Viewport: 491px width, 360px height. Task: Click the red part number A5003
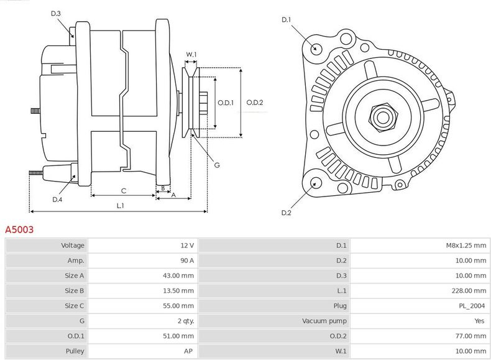click(x=19, y=229)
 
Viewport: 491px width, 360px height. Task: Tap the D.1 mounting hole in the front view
click(x=315, y=48)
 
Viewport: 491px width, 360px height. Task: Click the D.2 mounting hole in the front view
click(x=315, y=182)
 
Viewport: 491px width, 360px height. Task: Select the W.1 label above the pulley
click(x=191, y=55)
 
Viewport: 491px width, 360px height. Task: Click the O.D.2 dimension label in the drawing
click(x=255, y=103)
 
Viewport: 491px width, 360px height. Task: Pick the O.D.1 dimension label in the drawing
click(x=225, y=103)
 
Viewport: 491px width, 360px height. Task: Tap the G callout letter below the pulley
click(x=216, y=165)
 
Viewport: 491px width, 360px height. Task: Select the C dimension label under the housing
click(x=124, y=190)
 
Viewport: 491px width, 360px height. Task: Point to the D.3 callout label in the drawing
click(x=55, y=13)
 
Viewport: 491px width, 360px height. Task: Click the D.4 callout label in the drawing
click(x=57, y=199)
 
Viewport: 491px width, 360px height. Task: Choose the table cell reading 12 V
click(x=187, y=246)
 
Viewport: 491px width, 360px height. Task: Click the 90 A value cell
click(x=187, y=261)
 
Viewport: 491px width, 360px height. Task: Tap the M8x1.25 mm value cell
click(x=466, y=246)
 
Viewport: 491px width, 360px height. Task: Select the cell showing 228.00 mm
click(x=470, y=291)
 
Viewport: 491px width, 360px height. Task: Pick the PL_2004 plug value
click(x=474, y=306)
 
